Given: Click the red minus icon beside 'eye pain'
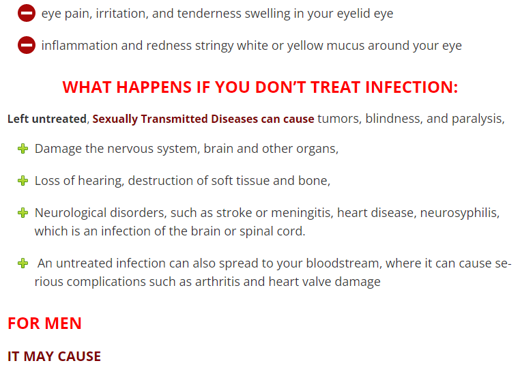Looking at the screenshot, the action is (27, 13).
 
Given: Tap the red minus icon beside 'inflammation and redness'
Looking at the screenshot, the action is (27, 45).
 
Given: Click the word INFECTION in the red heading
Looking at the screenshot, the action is (411, 87).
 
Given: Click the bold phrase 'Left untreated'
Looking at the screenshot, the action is (47, 119).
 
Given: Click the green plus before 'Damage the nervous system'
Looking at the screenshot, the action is (23, 149).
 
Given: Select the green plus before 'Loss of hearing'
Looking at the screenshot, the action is (23, 181).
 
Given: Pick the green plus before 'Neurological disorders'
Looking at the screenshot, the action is (23, 212).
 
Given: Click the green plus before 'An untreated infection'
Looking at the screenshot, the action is (23, 263).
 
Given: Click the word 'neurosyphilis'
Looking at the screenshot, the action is (459, 213).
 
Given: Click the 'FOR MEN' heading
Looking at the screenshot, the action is (44, 323).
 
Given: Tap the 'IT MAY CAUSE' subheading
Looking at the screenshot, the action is (54, 356).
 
